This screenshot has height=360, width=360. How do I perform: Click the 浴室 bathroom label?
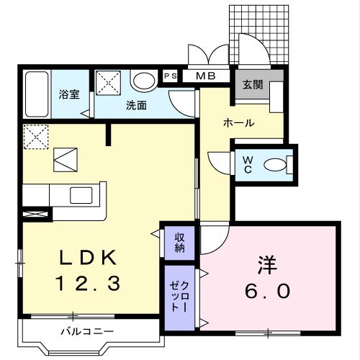click(69, 95)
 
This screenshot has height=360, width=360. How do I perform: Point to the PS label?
click(170, 76)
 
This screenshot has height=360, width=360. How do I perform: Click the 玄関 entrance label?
click(252, 84)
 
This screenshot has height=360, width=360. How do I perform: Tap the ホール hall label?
click(239, 123)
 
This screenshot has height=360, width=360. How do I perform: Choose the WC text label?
click(246, 163)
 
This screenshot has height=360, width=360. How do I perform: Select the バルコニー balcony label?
click(86, 332)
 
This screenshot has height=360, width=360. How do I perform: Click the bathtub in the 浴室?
click(35, 95)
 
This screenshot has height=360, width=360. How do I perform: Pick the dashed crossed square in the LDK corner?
click(35, 137)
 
